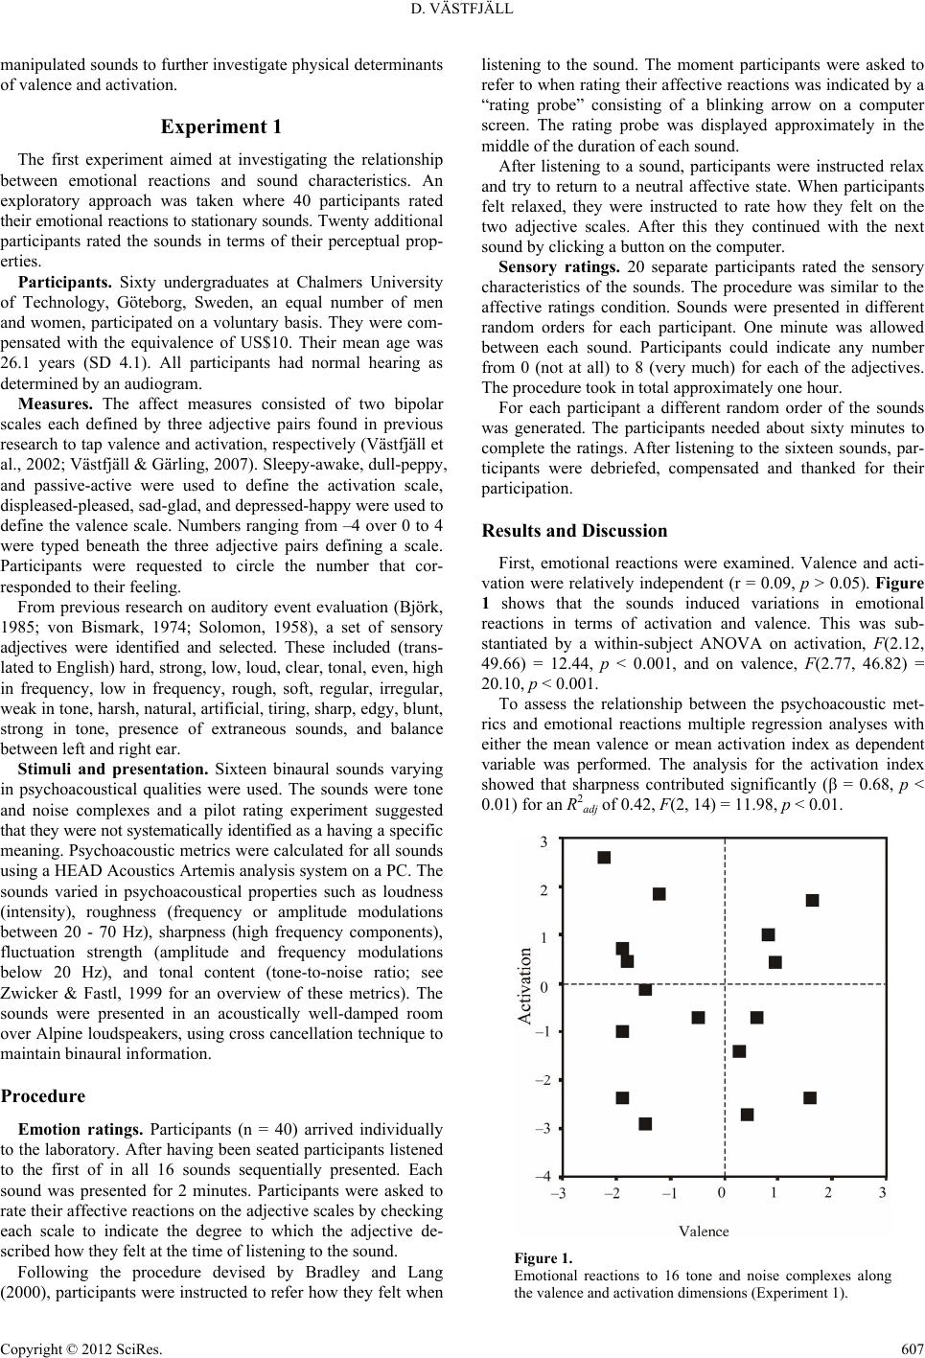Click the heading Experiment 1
coord(221,127)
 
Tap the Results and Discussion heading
coord(574,530)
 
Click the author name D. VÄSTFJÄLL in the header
coord(463,11)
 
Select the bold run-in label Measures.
coord(55,403)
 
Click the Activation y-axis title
coord(525,986)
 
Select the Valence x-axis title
coord(704,1231)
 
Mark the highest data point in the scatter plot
coord(604,857)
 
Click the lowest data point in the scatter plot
coord(645,1123)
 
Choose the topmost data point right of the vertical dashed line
coord(812,900)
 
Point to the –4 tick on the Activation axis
coord(543,1175)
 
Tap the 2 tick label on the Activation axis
coord(543,890)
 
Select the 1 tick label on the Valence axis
coord(774,1192)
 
